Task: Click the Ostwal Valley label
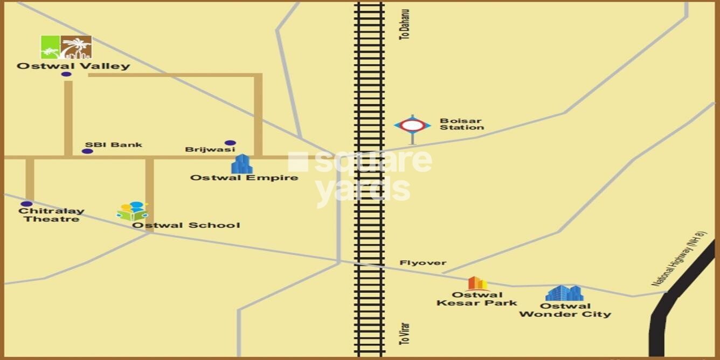(x=73, y=66)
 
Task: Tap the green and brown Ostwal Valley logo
(x=66, y=47)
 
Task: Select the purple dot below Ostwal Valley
(x=66, y=74)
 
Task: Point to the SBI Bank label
(x=114, y=144)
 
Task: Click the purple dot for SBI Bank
(x=87, y=151)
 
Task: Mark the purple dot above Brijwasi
(x=230, y=143)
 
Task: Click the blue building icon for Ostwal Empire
(x=241, y=164)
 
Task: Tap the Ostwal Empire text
(x=244, y=177)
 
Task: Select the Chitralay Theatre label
(x=51, y=215)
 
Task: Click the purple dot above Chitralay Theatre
(x=26, y=204)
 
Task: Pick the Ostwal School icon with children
(x=133, y=211)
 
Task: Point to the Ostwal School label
(x=186, y=225)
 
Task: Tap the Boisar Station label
(x=462, y=124)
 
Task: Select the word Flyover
(x=423, y=263)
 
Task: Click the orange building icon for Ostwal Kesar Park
(x=477, y=283)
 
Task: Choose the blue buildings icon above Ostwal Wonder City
(x=564, y=293)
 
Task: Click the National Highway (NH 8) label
(x=679, y=259)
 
